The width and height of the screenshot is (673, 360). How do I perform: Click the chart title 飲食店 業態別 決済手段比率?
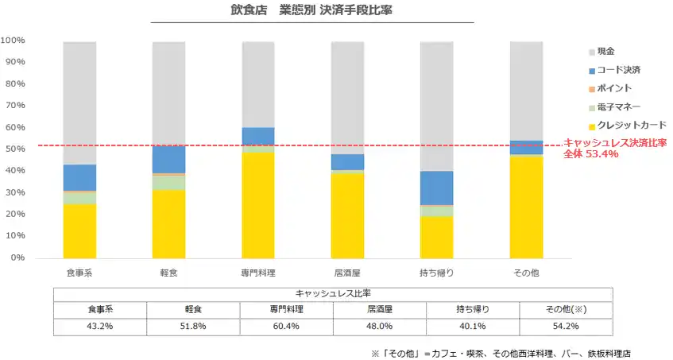311,12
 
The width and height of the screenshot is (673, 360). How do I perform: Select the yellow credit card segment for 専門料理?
258,205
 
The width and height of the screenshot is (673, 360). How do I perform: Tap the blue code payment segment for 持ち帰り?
436,188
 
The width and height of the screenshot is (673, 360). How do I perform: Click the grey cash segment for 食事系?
79,103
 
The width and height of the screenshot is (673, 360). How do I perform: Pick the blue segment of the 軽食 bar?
168,159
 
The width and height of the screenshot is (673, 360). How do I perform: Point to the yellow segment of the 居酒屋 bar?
347,215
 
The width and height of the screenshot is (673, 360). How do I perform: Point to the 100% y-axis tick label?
13,40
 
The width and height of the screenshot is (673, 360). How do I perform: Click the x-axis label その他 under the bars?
524,273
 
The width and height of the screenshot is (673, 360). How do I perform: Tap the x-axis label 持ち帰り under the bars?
436,273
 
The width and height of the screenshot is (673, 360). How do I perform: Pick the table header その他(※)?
567,309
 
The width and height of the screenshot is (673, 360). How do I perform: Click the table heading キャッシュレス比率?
332,292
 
